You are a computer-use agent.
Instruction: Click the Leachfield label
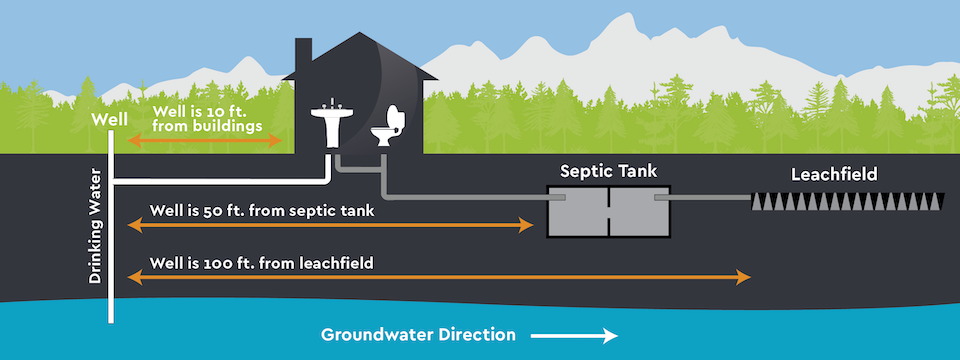(x=833, y=174)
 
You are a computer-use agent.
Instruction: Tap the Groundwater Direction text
(x=418, y=334)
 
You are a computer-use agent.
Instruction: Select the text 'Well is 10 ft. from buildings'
(x=207, y=119)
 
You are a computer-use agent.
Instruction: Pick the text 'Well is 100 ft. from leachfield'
(x=261, y=263)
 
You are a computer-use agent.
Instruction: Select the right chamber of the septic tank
(x=640, y=212)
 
